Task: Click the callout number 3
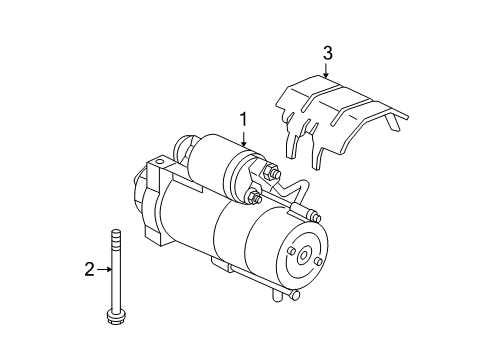[326, 52]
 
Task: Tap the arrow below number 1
[242, 140]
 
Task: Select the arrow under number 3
[326, 70]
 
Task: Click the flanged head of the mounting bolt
[113, 345]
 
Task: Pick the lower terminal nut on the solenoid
[254, 199]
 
